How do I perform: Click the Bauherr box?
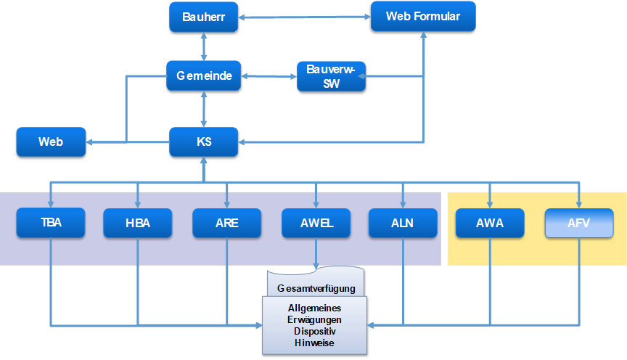204,17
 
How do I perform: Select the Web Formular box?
423,16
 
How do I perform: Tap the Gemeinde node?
204,75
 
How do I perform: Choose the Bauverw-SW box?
331,75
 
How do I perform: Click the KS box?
204,142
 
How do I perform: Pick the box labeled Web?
51,142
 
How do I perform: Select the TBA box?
51,223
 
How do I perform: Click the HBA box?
138,223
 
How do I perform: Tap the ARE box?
226,223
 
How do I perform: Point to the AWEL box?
316,223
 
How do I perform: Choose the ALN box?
403,223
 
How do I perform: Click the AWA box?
490,223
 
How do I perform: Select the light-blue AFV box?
578,223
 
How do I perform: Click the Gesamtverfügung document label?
316,288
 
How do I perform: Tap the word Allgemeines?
314,308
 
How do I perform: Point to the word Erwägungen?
314,319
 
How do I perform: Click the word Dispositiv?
314,331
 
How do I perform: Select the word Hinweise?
314,343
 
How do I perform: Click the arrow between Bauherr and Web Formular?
305,16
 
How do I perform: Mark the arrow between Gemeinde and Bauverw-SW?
269,75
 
